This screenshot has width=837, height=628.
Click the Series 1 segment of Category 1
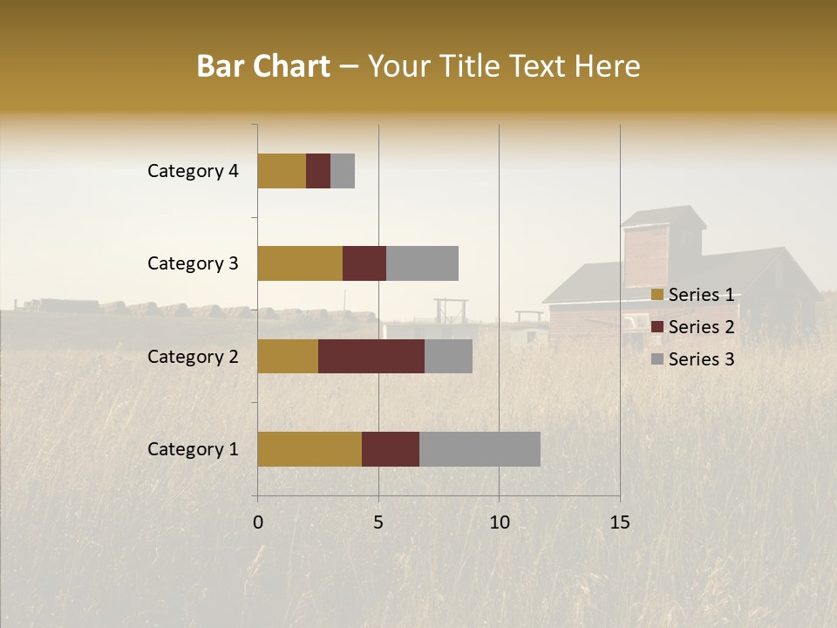tap(310, 448)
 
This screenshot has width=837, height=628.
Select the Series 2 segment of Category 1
tap(391, 448)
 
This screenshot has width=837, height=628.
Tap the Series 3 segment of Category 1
tap(480, 448)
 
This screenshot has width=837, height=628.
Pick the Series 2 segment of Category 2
tap(371, 356)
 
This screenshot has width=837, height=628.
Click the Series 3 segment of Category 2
tap(448, 356)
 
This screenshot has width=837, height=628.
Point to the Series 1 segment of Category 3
tap(300, 263)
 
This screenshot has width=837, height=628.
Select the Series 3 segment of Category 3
tap(422, 263)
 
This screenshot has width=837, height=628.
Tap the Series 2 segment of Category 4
tap(318, 171)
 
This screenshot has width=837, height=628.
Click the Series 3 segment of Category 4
tap(343, 171)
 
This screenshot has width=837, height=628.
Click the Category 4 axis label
tap(193, 171)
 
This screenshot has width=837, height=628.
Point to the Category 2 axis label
tap(193, 356)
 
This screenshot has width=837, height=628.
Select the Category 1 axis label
tap(193, 449)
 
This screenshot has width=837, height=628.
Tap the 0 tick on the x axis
tap(258, 522)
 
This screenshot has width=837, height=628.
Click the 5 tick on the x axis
tap(378, 522)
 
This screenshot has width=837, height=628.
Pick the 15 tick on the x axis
tap(620, 522)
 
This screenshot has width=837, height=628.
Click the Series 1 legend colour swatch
tap(657, 295)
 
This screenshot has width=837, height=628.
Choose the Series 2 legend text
tap(701, 327)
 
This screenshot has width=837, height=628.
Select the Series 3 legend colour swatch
tap(657, 359)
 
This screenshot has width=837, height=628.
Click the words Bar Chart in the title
tap(263, 66)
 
